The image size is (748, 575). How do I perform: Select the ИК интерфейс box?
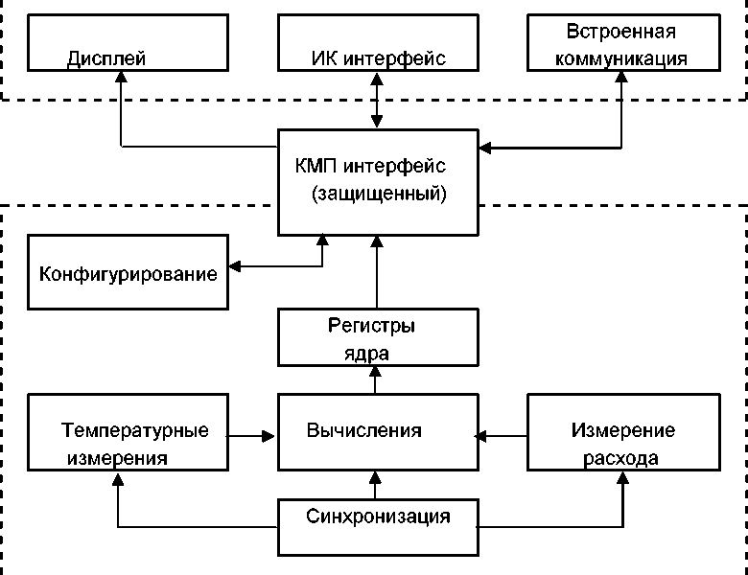[378, 43]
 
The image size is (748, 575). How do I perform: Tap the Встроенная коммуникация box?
[621, 43]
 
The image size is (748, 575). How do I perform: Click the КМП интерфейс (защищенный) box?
[378, 181]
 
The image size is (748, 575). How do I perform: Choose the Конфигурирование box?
[129, 272]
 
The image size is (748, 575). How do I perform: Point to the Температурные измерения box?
[129, 444]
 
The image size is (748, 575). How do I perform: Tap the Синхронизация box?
[378, 526]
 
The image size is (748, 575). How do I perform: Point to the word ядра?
[365, 353]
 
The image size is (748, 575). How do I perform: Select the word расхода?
[621, 458]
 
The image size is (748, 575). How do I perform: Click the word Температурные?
[135, 430]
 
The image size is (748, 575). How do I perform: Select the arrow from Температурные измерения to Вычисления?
[253, 436]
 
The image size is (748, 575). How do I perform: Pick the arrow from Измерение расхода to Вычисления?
[503, 436]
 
